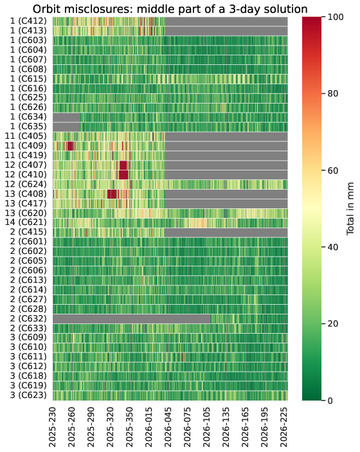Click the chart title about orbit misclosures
pyautogui.click(x=170, y=8)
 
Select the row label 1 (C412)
pyautogui.click(x=28, y=21)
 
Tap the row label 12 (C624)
pyautogui.click(x=26, y=184)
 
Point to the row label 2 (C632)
pyautogui.click(x=28, y=318)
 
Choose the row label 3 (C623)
pyautogui.click(x=28, y=395)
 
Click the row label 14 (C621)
pyautogui.click(x=26, y=222)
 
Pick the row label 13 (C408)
pyautogui.click(x=26, y=194)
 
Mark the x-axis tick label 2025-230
pyautogui.click(x=52, y=427)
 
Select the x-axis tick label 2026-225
pyautogui.click(x=283, y=427)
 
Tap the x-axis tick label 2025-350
pyautogui.click(x=129, y=427)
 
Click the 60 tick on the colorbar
pyautogui.click(x=334, y=170)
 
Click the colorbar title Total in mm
pyautogui.click(x=350, y=208)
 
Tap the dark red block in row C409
pyautogui.click(x=70, y=146)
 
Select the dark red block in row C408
pyautogui.click(x=112, y=194)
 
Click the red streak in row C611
pyautogui.click(x=184, y=357)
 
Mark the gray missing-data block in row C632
pyautogui.click(x=132, y=319)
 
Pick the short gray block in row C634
pyautogui.click(x=67, y=117)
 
